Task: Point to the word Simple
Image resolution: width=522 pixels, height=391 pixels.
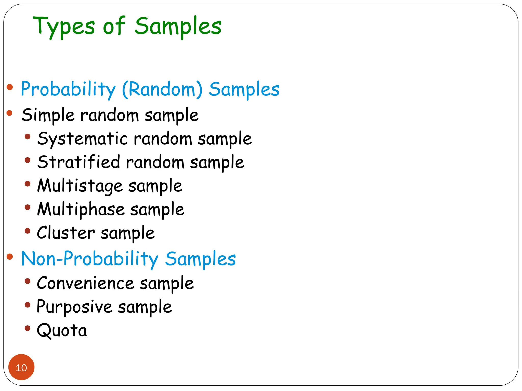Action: click(x=48, y=115)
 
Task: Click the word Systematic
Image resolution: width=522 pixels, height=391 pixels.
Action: click(x=82, y=139)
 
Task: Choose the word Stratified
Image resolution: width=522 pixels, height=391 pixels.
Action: click(x=79, y=162)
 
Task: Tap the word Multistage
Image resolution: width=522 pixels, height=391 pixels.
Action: click(x=80, y=186)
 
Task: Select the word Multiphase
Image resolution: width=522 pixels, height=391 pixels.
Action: click(x=81, y=209)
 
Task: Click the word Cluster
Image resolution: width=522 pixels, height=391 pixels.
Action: click(x=66, y=233)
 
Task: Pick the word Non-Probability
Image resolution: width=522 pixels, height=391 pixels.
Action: click(x=90, y=259)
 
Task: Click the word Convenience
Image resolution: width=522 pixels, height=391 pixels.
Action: click(x=85, y=283)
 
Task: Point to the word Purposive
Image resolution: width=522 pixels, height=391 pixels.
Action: click(x=74, y=307)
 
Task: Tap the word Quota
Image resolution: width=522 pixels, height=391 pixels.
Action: click(x=62, y=330)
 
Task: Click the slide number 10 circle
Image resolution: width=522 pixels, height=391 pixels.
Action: click(x=21, y=367)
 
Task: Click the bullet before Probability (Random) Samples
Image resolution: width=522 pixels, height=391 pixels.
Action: click(x=10, y=87)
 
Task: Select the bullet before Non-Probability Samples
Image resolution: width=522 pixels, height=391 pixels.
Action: click(x=10, y=257)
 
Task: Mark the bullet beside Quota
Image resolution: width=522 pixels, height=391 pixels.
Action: click(x=28, y=328)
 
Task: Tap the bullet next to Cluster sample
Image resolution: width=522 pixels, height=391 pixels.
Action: click(x=28, y=231)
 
